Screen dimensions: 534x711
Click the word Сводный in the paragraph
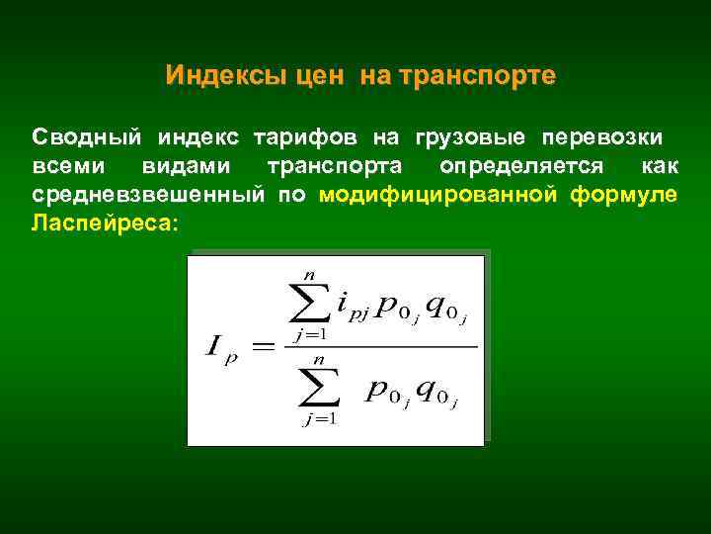point(82,134)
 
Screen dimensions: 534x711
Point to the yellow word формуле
point(624,194)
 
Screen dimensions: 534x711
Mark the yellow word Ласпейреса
point(104,223)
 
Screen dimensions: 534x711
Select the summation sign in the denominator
point(319,390)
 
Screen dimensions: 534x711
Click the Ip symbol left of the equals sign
point(222,347)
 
